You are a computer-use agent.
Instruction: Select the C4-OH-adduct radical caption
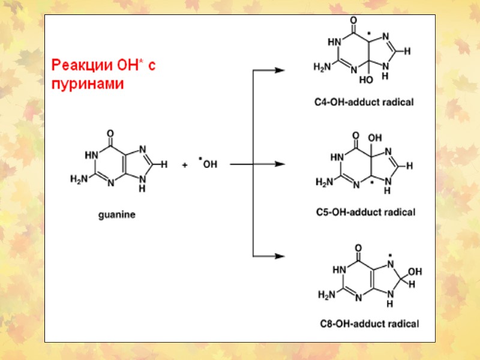point(364,102)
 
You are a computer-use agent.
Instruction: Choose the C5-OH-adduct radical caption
point(365,212)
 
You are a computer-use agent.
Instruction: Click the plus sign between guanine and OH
point(185,164)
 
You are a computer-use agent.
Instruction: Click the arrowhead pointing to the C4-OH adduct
point(279,70)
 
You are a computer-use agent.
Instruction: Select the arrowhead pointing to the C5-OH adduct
point(279,164)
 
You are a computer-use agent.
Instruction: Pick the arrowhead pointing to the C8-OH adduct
point(279,256)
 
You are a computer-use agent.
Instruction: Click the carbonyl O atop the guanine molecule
point(109,133)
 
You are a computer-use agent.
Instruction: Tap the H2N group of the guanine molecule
point(79,178)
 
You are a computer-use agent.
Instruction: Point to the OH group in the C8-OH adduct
point(415,271)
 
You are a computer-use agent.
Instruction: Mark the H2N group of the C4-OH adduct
point(323,67)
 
